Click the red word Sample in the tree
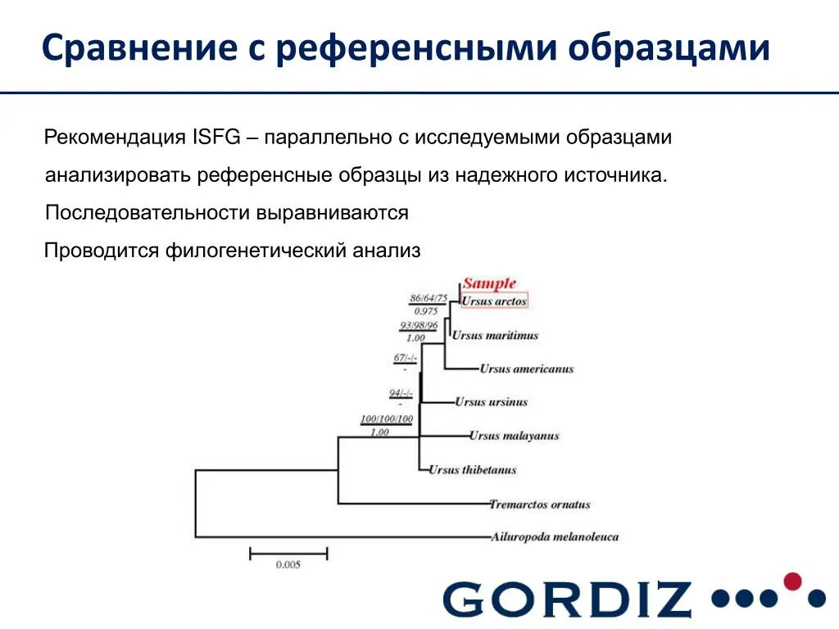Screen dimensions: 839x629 click(x=489, y=284)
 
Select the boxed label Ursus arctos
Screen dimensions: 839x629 click(x=493, y=301)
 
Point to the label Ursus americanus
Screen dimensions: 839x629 click(x=527, y=369)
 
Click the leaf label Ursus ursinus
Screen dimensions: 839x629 click(x=492, y=402)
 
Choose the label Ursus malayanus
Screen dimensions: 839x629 click(x=514, y=436)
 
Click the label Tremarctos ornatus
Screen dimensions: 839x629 click(x=539, y=505)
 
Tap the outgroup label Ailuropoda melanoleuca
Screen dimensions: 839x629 click(x=555, y=537)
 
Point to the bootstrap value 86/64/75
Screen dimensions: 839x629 click(x=429, y=298)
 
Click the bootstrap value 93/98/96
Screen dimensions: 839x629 click(x=419, y=325)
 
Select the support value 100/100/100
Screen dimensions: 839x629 click(x=387, y=419)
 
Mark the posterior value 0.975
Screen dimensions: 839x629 click(x=426, y=311)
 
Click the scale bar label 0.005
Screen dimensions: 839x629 click(x=288, y=564)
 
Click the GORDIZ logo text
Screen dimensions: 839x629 click(x=568, y=599)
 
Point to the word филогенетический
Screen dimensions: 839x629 click(x=258, y=251)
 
